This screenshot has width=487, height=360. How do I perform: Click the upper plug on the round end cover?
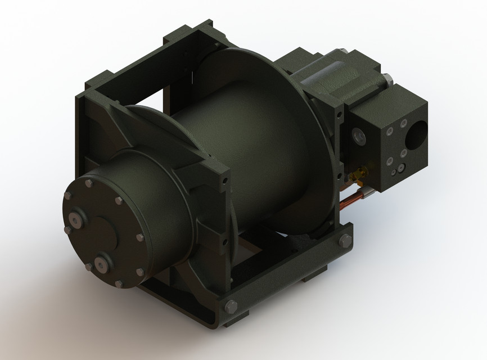75,220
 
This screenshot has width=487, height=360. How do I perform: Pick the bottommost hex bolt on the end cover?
119,284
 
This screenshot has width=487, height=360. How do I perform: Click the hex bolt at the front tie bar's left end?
230,307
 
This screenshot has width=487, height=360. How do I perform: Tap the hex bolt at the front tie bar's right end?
343,241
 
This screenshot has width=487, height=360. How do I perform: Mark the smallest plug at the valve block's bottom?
400,167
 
